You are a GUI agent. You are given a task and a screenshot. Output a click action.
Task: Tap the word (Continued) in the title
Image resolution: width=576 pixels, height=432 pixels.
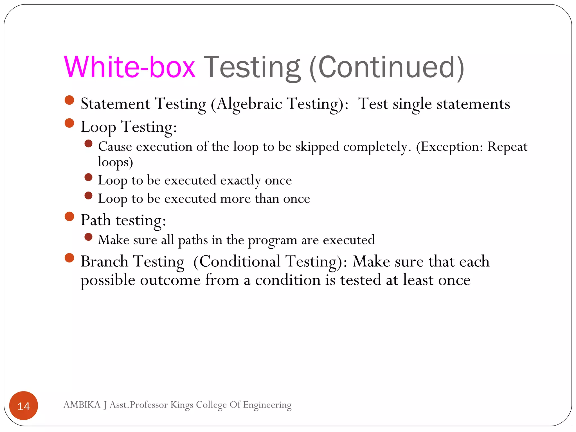point(387,67)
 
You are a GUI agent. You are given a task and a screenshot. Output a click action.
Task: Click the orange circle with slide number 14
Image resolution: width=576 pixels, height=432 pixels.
point(24,406)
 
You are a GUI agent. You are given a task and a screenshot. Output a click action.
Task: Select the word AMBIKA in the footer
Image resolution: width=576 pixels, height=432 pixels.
point(82,405)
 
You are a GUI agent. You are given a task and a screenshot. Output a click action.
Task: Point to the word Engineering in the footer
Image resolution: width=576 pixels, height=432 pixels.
point(267,405)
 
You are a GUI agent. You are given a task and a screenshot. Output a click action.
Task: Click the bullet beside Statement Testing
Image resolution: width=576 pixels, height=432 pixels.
point(69,100)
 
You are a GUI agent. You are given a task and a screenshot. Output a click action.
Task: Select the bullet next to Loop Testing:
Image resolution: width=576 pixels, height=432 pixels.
point(69,123)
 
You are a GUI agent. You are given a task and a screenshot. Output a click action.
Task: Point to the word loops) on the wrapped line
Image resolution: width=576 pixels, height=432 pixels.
point(115,162)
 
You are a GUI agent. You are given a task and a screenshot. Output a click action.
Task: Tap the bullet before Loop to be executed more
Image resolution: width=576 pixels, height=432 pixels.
point(88,195)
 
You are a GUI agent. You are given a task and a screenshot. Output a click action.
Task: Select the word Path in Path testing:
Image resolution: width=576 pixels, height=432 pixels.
point(96,220)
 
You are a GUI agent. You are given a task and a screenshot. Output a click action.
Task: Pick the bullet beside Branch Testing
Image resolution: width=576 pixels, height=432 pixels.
point(69,258)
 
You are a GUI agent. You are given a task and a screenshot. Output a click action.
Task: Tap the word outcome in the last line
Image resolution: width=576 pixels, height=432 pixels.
point(170,280)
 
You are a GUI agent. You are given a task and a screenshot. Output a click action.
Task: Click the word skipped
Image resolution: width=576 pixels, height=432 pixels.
point(317,147)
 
